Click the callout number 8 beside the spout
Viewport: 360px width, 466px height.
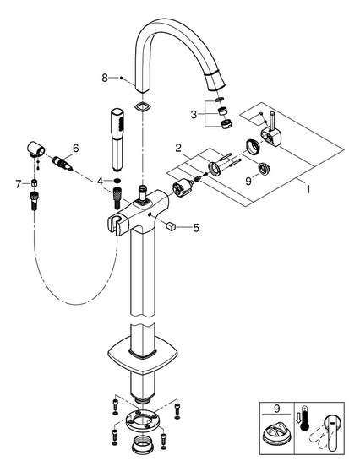pyautogui.click(x=105, y=78)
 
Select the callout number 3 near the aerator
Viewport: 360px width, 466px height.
pyautogui.click(x=194, y=114)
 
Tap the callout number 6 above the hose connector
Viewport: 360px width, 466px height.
pyautogui.click(x=76, y=148)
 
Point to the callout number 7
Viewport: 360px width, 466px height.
pyautogui.click(x=19, y=184)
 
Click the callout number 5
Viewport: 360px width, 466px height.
pyautogui.click(x=196, y=228)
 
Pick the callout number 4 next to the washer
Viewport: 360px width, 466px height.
pyautogui.click(x=100, y=181)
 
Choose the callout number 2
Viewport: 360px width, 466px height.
pyautogui.click(x=178, y=148)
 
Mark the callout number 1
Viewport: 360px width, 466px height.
pyautogui.click(x=308, y=189)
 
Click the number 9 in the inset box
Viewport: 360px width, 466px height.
pyautogui.click(x=276, y=409)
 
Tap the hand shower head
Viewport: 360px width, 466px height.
pyautogui.click(x=117, y=139)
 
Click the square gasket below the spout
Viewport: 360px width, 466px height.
pyautogui.click(x=143, y=106)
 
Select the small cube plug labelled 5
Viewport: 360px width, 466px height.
pyautogui.click(x=171, y=226)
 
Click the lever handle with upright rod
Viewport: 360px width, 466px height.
pyautogui.click(x=271, y=131)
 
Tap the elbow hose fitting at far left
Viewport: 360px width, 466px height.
pyautogui.click(x=36, y=149)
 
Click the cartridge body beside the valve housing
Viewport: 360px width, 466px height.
pyautogui.click(x=183, y=188)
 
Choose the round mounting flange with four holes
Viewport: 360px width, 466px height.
pyautogui.click(x=144, y=421)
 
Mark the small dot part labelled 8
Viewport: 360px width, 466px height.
pyautogui.click(x=122, y=78)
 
